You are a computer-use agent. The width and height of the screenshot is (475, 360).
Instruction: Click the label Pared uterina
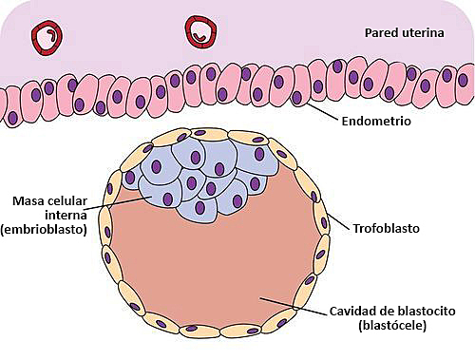pyautogui.click(x=404, y=33)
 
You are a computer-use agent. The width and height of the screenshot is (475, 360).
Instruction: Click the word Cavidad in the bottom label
pyautogui.click(x=353, y=312)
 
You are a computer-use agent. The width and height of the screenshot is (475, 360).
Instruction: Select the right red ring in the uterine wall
pyautogui.click(x=200, y=30)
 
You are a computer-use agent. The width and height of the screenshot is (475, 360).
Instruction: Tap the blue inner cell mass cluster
pyautogui.click(x=204, y=171)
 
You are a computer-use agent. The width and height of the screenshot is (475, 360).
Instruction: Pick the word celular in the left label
pyautogui.click(x=77, y=200)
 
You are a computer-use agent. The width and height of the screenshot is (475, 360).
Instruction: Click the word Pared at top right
pyautogui.click(x=380, y=33)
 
